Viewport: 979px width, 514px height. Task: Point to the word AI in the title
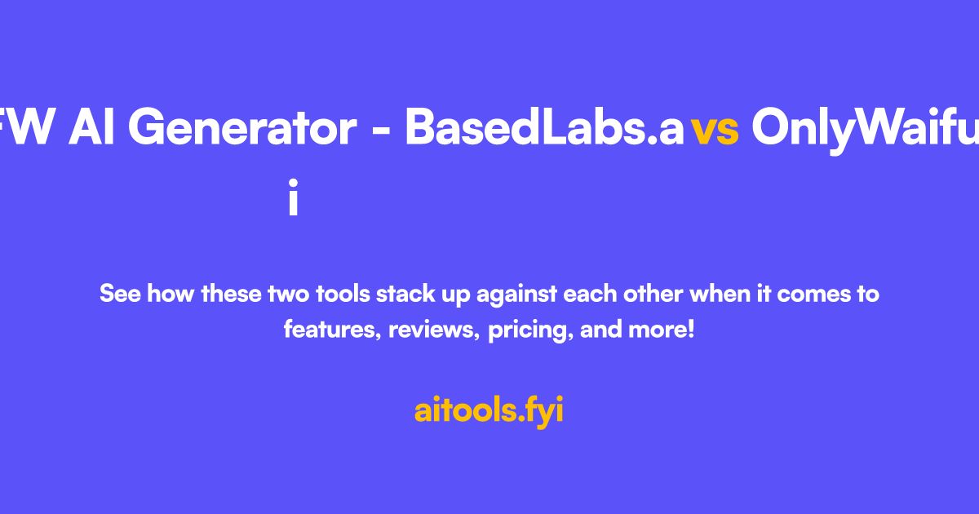(x=91, y=128)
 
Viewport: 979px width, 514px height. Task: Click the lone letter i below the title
(x=293, y=199)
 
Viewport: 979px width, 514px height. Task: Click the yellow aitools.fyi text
(x=489, y=410)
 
